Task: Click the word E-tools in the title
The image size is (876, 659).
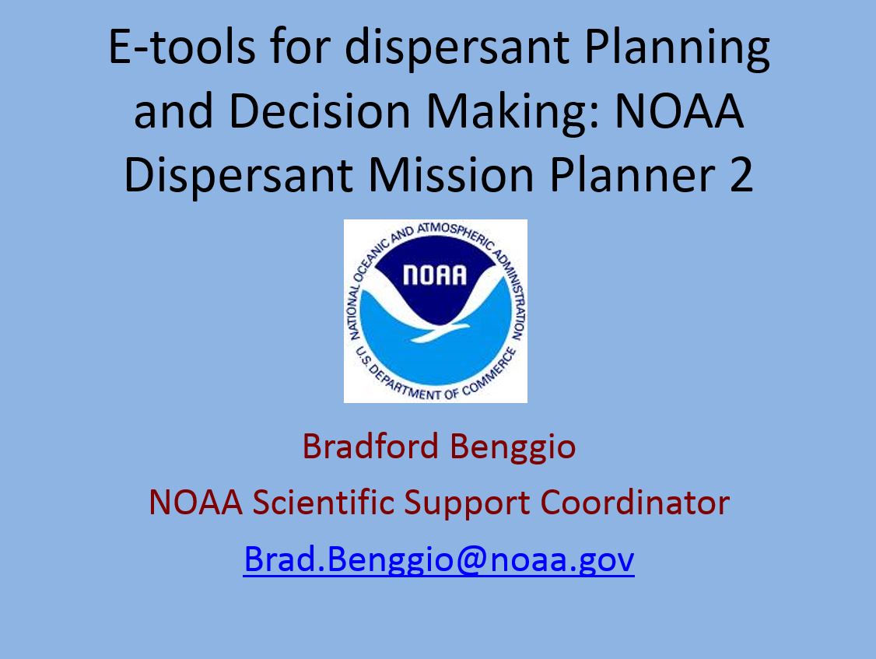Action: pyautogui.click(x=182, y=47)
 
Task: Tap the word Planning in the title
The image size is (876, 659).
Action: pyautogui.click(x=678, y=47)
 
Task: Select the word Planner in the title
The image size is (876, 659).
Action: pyautogui.click(x=632, y=175)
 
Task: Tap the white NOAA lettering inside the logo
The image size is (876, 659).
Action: pyautogui.click(x=435, y=275)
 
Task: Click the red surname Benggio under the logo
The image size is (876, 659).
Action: pyautogui.click(x=513, y=447)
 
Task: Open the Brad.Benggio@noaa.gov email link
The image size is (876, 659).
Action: pyautogui.click(x=439, y=559)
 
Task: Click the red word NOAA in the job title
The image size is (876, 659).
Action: pyautogui.click(x=195, y=502)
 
